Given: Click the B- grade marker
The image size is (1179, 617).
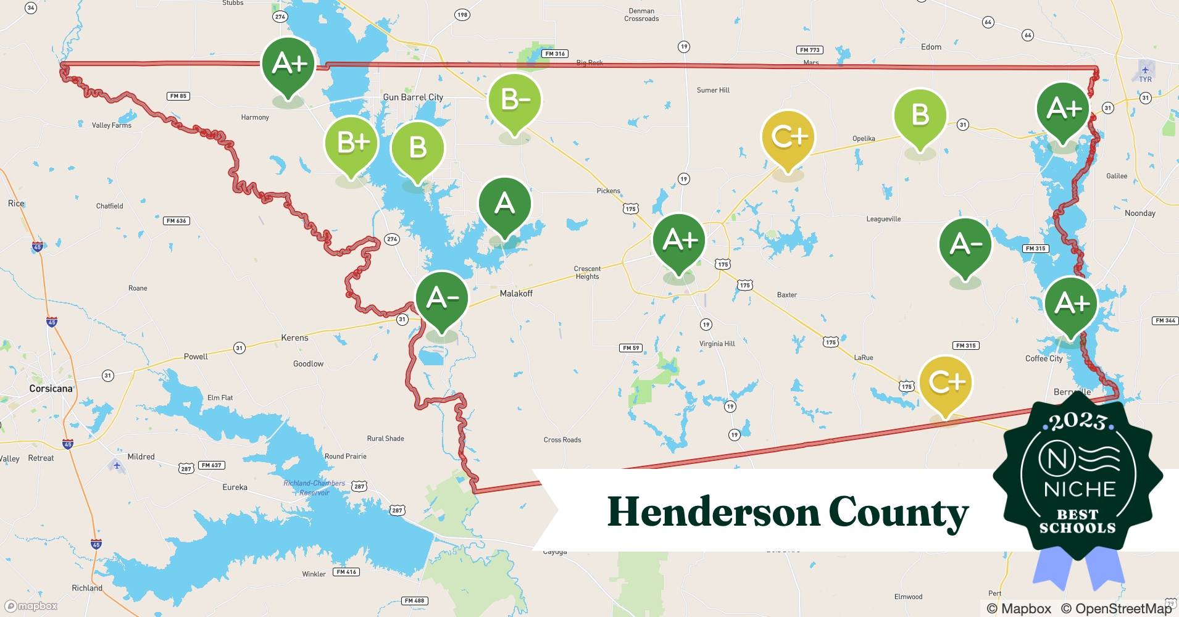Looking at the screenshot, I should click(514, 100).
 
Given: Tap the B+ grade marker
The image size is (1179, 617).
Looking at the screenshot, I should click(351, 143).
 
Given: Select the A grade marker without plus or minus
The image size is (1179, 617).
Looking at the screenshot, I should click(504, 204).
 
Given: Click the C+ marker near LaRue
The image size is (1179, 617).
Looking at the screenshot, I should click(946, 383).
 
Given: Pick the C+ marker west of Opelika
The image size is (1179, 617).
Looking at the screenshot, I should click(788, 136).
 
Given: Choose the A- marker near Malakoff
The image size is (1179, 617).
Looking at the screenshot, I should click(442, 299).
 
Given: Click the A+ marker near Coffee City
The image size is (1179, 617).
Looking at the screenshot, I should click(1071, 304).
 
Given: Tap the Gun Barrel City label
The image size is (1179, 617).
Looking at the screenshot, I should click(413, 97).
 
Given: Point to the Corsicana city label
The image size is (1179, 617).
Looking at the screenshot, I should click(51, 389).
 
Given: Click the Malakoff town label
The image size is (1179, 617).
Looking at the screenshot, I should click(516, 294).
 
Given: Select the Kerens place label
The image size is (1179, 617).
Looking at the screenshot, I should click(294, 338).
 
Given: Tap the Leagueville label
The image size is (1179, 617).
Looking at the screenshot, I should click(883, 219).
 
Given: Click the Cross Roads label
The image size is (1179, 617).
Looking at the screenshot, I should click(562, 440).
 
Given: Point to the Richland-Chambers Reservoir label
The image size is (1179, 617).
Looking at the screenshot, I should click(314, 487).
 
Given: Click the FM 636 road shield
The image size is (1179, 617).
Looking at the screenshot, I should click(176, 221).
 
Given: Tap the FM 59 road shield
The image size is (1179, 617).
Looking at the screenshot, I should click(630, 348).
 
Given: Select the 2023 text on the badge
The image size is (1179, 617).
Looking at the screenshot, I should click(1077, 422).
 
